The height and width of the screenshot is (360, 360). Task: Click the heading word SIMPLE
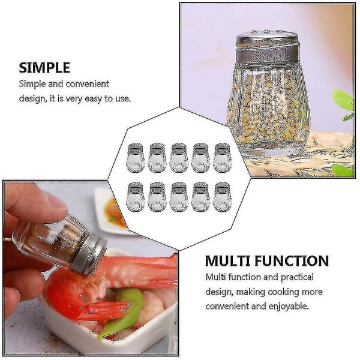(x=44, y=67)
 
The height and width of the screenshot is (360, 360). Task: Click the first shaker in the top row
(x=136, y=157)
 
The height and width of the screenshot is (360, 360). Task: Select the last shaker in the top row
(x=222, y=157)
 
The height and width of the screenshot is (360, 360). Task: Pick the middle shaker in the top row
(x=179, y=157)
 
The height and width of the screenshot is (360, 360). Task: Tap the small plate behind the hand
(x=111, y=210)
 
